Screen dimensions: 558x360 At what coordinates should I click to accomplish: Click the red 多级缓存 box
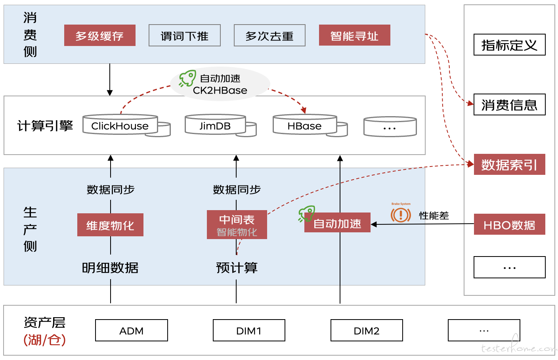click(x=99, y=35)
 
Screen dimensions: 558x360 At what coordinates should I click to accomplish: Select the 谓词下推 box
click(x=185, y=35)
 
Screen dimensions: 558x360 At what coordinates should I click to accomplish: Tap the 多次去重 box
click(x=269, y=35)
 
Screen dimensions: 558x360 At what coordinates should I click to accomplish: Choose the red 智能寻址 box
click(x=354, y=35)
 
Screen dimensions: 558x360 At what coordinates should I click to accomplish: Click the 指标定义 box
click(x=509, y=44)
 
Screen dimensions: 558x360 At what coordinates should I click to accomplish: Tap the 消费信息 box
click(x=509, y=104)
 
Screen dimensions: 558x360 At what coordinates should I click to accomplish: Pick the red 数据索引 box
click(x=509, y=165)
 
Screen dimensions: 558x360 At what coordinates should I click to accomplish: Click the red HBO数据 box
click(x=509, y=224)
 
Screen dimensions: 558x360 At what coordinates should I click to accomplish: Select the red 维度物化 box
click(x=110, y=225)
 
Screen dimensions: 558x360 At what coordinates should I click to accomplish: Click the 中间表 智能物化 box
click(x=237, y=225)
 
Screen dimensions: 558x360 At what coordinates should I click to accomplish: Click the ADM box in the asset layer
click(x=132, y=330)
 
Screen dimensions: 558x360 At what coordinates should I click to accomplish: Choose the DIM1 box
click(x=249, y=330)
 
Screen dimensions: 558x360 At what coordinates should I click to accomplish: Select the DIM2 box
click(x=367, y=330)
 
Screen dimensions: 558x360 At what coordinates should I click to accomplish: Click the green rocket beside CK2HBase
click(x=187, y=78)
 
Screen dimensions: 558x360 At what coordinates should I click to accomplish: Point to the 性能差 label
click(x=434, y=216)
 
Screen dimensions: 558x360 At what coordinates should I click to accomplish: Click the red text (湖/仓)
click(x=45, y=340)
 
